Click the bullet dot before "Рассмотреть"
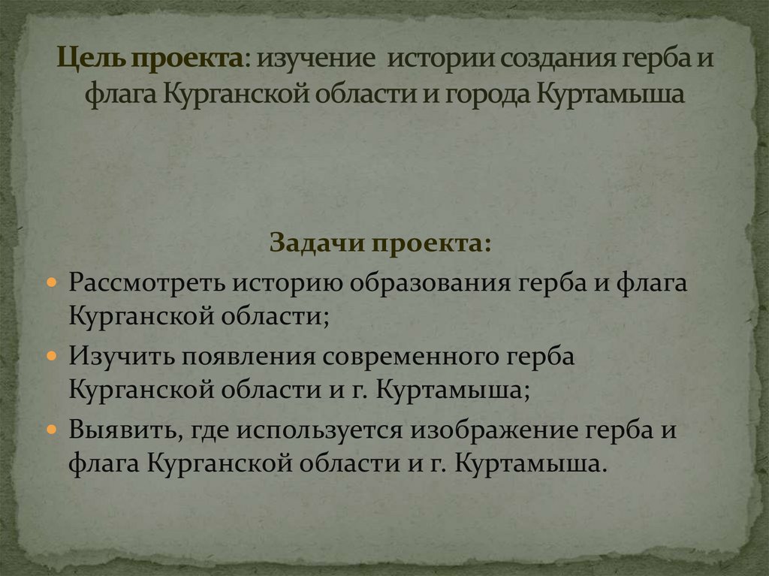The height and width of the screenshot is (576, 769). pyautogui.click(x=51, y=282)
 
